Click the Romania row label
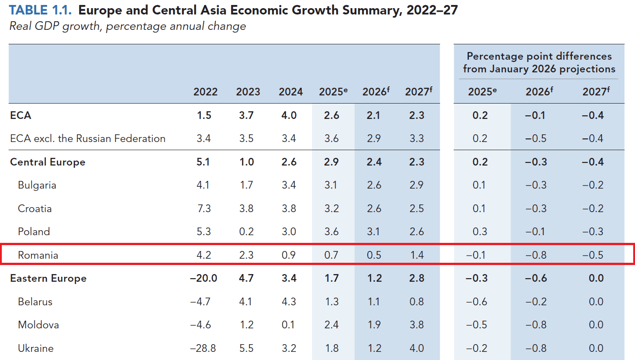point(38,255)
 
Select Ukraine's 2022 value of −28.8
point(203,348)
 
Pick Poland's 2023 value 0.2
point(246,232)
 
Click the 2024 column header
point(290,92)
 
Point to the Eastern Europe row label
point(48,278)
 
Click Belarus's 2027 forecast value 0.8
point(416,302)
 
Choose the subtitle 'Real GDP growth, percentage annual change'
point(128,26)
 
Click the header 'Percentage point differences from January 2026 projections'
point(539,62)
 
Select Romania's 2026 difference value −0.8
point(535,255)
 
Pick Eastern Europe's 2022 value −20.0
point(203,278)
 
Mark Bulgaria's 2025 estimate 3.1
point(332,185)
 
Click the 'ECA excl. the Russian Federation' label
point(88,138)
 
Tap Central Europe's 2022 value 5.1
point(204,162)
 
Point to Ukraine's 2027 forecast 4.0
point(416,348)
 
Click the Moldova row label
point(38,325)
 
